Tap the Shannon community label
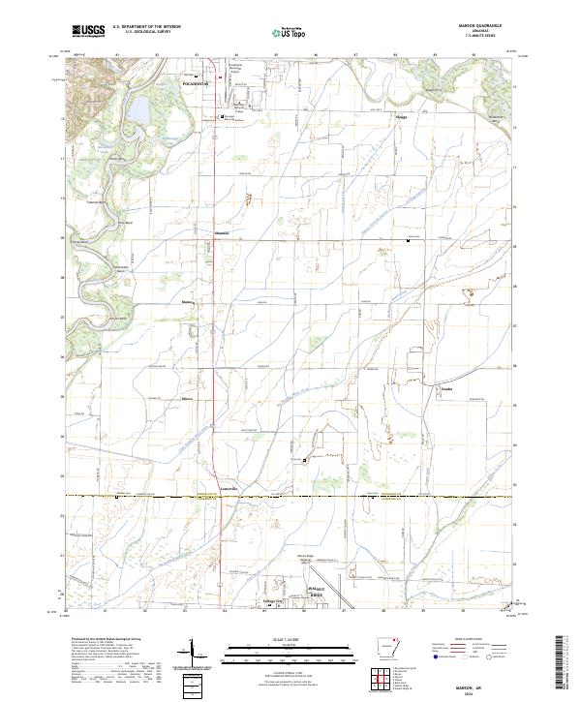[223, 234]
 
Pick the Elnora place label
[188, 397]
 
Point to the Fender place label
[446, 391]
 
